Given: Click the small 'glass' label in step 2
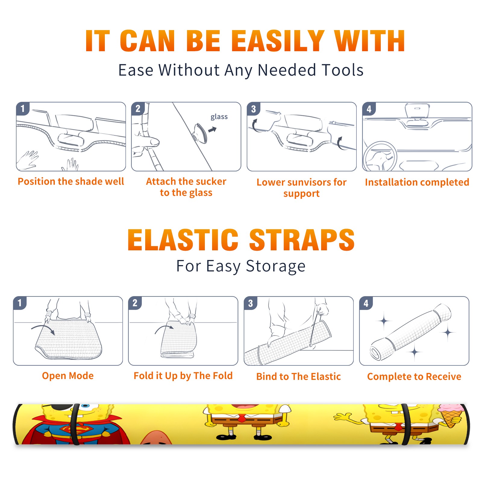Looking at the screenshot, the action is click(x=219, y=117).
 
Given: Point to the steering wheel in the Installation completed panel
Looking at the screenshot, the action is click(x=380, y=156).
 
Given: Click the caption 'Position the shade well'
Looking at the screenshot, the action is click(x=71, y=181).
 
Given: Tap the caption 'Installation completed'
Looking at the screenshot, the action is click(x=417, y=182).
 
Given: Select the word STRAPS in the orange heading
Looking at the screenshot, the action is click(x=302, y=240).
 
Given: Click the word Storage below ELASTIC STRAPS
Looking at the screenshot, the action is click(x=276, y=266).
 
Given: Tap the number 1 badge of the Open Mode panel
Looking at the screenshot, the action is click(x=20, y=303).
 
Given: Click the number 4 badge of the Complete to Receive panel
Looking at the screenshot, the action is click(x=366, y=303).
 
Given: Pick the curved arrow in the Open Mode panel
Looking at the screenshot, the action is click(x=43, y=329).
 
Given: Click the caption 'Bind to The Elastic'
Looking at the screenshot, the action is click(x=299, y=377).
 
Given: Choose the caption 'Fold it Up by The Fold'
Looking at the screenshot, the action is click(x=183, y=376).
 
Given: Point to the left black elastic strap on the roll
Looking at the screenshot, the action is click(x=75, y=424).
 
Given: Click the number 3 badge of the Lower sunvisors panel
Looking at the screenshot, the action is click(x=253, y=109).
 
